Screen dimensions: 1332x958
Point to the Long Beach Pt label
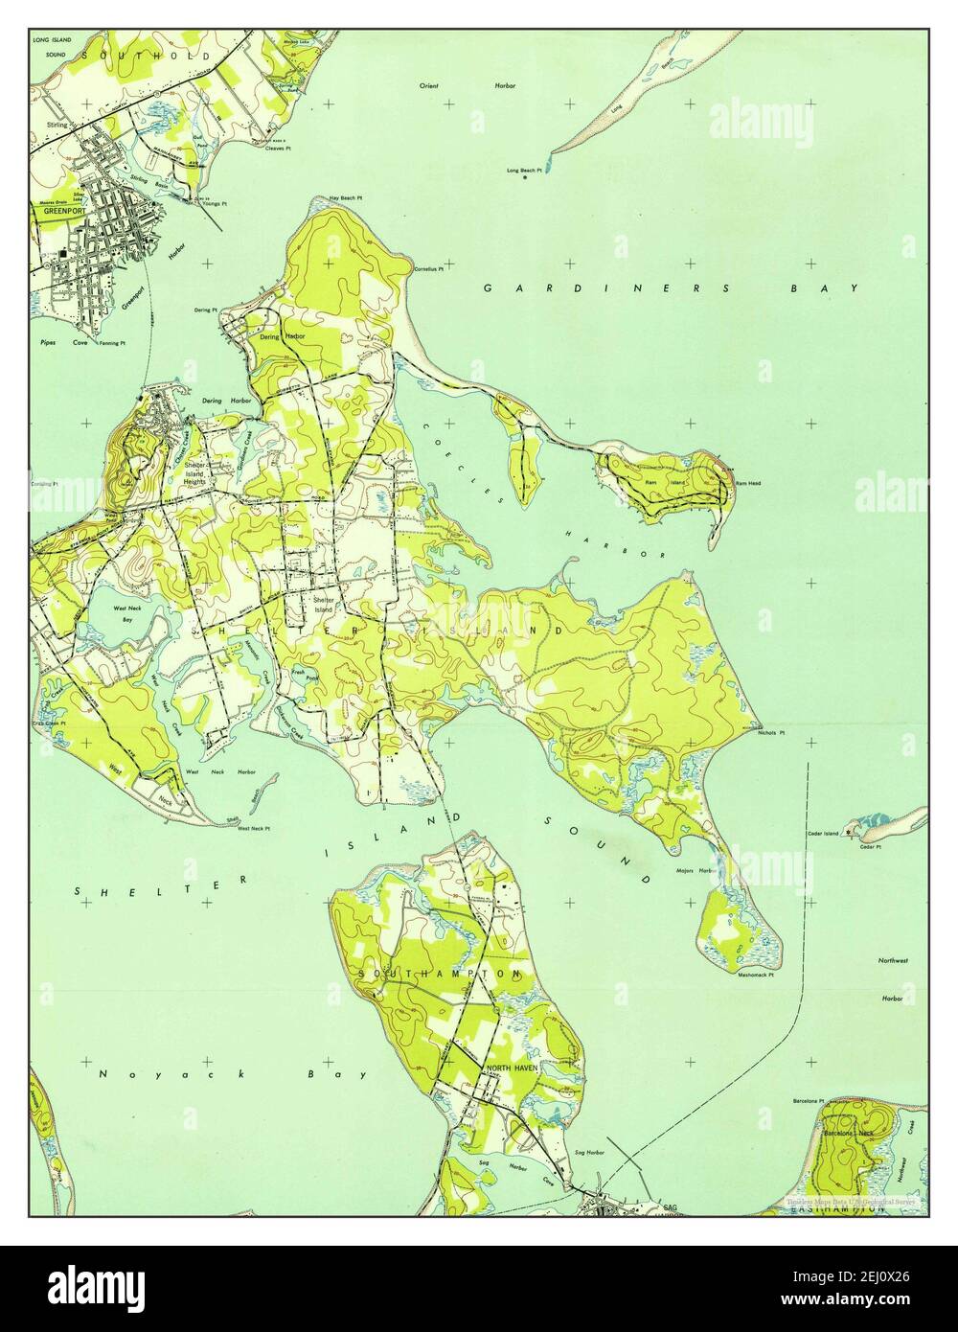point(525,171)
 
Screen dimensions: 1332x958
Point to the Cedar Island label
point(825,834)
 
